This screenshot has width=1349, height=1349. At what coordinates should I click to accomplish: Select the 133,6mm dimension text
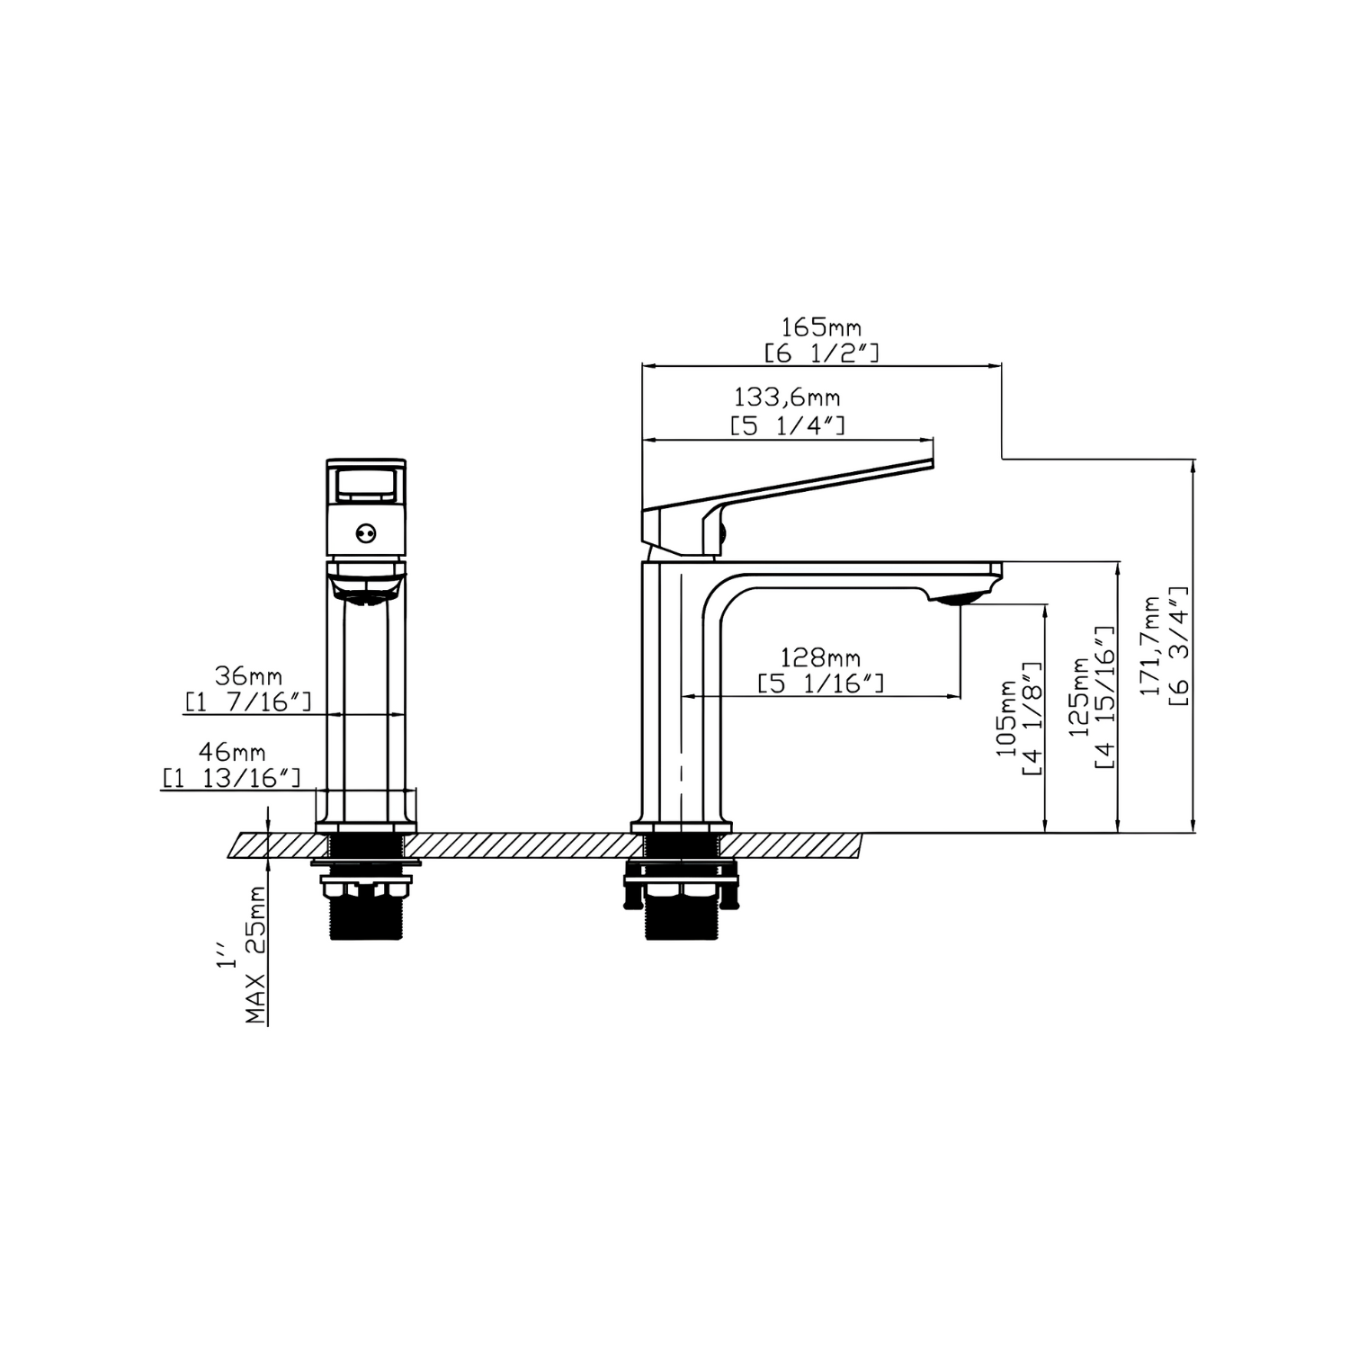788,396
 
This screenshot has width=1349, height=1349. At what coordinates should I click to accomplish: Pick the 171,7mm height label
1151,645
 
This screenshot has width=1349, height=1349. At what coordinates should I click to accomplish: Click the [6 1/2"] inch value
821,353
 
